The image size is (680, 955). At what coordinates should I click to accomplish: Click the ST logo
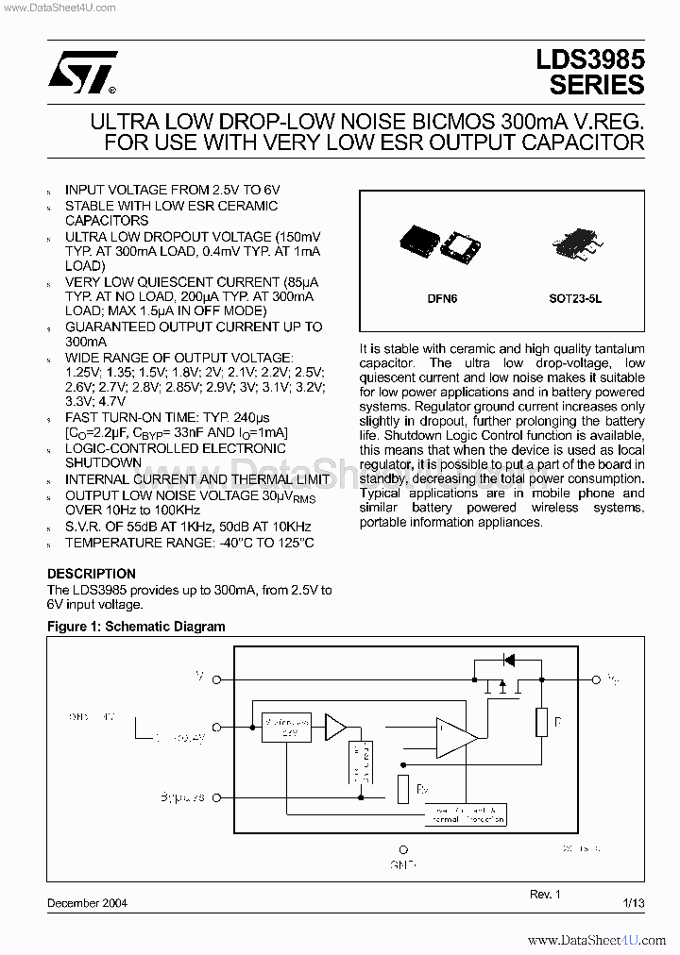(x=83, y=72)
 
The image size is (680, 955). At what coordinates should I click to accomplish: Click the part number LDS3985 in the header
(x=590, y=59)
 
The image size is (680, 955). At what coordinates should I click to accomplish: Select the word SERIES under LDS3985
(x=597, y=85)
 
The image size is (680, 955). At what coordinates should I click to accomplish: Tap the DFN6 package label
(x=442, y=298)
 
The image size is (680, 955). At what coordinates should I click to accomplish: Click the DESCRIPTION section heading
(x=92, y=574)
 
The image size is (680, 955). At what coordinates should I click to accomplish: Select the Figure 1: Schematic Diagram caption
(x=136, y=627)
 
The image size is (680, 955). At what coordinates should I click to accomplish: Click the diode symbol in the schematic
(x=508, y=660)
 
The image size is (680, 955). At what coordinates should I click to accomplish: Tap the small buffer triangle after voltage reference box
(x=335, y=727)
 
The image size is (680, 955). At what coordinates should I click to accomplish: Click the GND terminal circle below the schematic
(x=403, y=849)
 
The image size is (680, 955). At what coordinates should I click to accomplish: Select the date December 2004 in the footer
(x=87, y=903)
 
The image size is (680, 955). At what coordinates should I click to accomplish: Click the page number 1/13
(x=634, y=903)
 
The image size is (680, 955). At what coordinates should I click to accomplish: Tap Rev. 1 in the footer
(x=545, y=894)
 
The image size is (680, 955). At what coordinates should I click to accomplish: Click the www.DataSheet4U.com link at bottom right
(x=597, y=941)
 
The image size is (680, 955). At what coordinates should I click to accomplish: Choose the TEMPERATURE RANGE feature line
(x=189, y=543)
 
